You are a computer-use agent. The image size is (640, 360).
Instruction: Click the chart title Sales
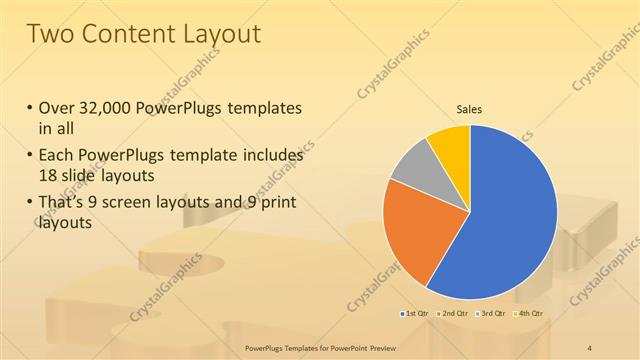470,109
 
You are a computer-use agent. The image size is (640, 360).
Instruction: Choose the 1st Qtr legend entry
417,314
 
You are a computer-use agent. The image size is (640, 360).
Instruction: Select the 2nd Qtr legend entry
454,314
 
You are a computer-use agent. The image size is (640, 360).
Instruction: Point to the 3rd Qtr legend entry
490,314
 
